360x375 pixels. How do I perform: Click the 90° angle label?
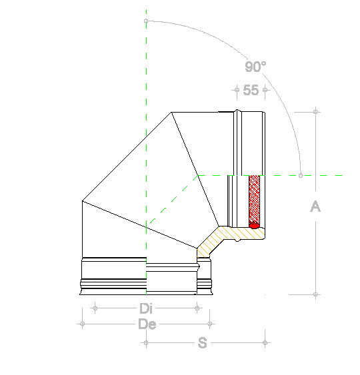click(x=255, y=67)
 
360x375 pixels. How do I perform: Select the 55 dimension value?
click(x=251, y=90)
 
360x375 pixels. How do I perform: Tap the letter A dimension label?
click(x=315, y=206)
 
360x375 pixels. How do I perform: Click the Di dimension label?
click(x=146, y=308)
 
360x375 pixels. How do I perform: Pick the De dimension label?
click(x=147, y=324)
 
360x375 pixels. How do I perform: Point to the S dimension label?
click(x=202, y=343)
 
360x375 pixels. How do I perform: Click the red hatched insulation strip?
click(x=254, y=202)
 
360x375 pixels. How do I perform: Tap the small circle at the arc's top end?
click(x=146, y=21)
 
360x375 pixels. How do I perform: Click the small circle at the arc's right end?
click(x=301, y=175)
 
